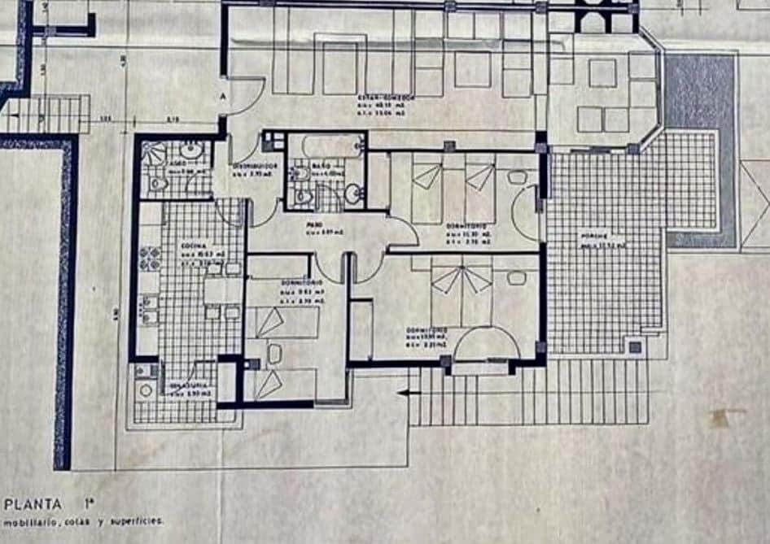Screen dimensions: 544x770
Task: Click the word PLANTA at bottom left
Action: [32, 503]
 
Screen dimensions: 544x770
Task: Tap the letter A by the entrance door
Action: [222, 94]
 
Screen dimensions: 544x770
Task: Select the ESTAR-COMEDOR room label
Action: [387, 96]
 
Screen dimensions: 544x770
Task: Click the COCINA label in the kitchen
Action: [193, 244]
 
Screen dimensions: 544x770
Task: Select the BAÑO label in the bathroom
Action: [322, 165]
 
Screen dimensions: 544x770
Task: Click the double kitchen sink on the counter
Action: [150, 310]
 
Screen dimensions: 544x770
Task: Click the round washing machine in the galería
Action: [147, 390]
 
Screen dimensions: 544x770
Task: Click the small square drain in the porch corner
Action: [635, 347]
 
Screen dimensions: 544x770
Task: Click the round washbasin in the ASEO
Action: [192, 150]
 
